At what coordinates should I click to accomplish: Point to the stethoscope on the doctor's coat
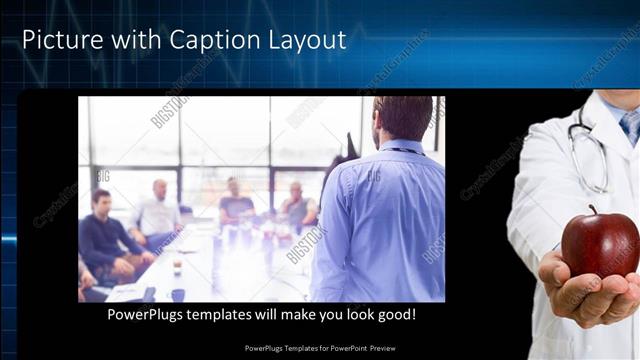(590, 150)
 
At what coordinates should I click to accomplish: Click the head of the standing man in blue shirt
(404, 118)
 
